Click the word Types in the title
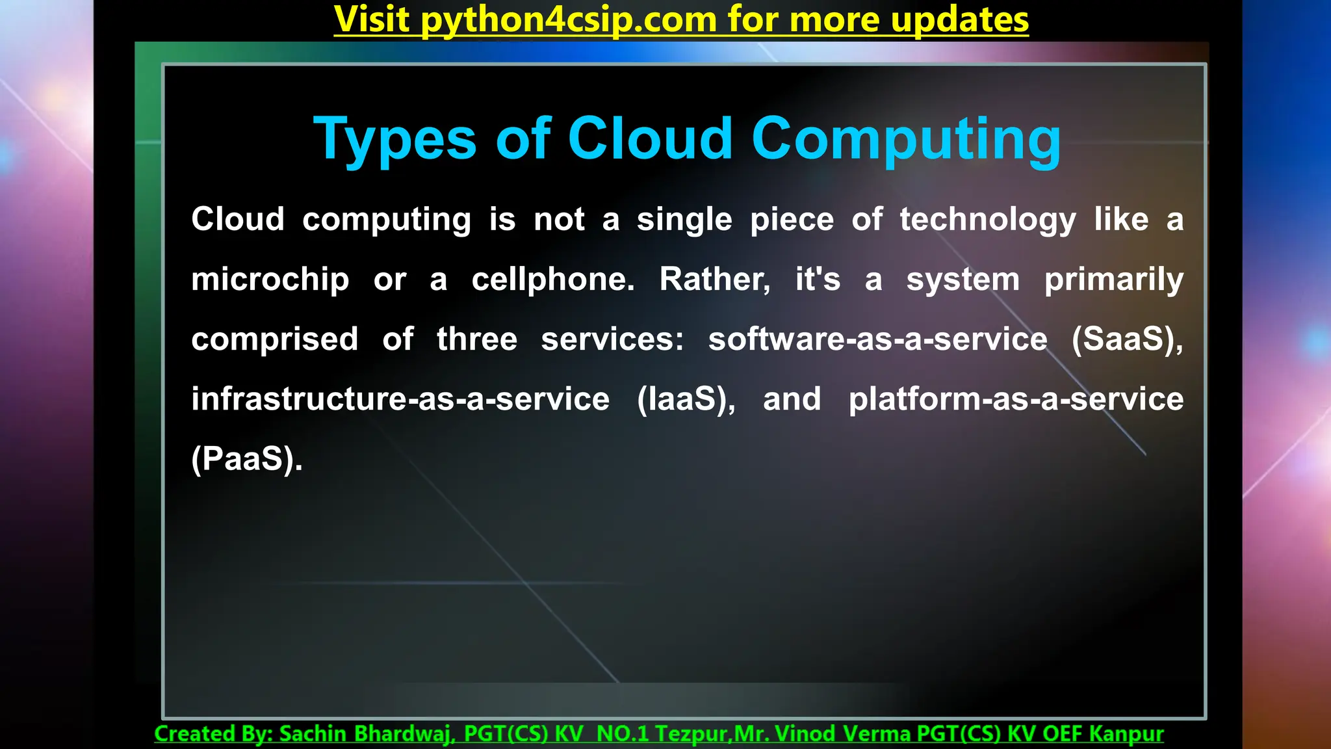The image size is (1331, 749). [395, 140]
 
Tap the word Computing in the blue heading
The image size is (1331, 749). [906, 140]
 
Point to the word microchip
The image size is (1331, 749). [270, 280]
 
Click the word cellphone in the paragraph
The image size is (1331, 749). [552, 280]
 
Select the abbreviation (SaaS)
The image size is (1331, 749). [1127, 339]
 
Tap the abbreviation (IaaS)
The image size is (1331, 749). [686, 399]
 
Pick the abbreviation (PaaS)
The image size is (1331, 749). [247, 459]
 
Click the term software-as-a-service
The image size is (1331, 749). [877, 339]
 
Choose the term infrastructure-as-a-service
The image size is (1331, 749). [400, 399]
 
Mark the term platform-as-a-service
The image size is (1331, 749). [1016, 399]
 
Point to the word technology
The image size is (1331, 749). [988, 220]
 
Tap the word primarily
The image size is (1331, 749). [1113, 280]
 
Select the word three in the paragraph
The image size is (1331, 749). [477, 339]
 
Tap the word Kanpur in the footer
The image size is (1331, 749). [1126, 733]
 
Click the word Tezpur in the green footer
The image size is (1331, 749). [691, 733]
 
